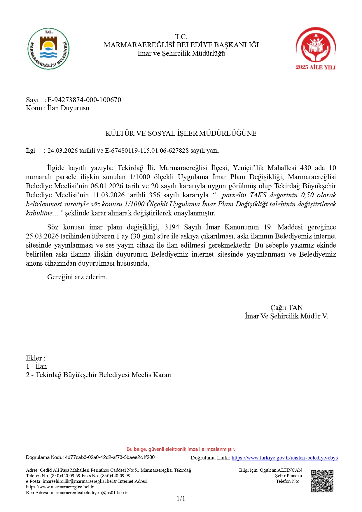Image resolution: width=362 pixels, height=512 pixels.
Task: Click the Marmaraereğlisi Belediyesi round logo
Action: click(48, 49)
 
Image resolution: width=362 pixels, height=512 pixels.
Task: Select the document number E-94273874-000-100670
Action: click(84, 100)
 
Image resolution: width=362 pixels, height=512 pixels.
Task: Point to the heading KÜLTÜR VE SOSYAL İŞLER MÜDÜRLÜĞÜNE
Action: click(181, 133)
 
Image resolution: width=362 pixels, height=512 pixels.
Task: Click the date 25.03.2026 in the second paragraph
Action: click(42, 236)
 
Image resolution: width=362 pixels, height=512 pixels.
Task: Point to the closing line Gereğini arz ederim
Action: click(77, 277)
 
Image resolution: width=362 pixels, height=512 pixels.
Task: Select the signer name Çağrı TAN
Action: click(286, 308)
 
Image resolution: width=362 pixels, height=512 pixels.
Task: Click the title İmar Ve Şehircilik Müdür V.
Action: click(286, 316)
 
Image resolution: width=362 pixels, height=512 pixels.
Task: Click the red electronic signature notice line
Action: click(181, 449)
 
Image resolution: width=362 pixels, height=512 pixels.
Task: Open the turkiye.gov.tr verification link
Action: click(284, 458)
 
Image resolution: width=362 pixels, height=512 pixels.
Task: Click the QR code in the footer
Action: click(322, 481)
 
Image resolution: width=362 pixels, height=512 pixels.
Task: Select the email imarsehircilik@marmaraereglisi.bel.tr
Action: click(80, 481)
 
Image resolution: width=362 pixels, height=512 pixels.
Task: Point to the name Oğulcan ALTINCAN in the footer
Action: click(281, 470)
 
